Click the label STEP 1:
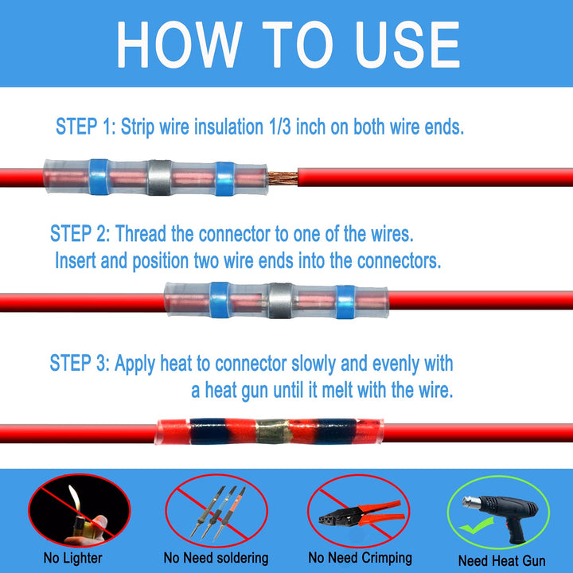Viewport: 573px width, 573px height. [86, 126]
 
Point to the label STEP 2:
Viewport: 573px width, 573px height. [80, 234]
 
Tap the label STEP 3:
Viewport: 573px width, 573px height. [80, 364]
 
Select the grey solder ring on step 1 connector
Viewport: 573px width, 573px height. [158, 173]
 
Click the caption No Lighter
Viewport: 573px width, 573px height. [72, 559]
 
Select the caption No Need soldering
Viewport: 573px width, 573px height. [216, 559]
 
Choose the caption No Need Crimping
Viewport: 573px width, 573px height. [360, 558]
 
